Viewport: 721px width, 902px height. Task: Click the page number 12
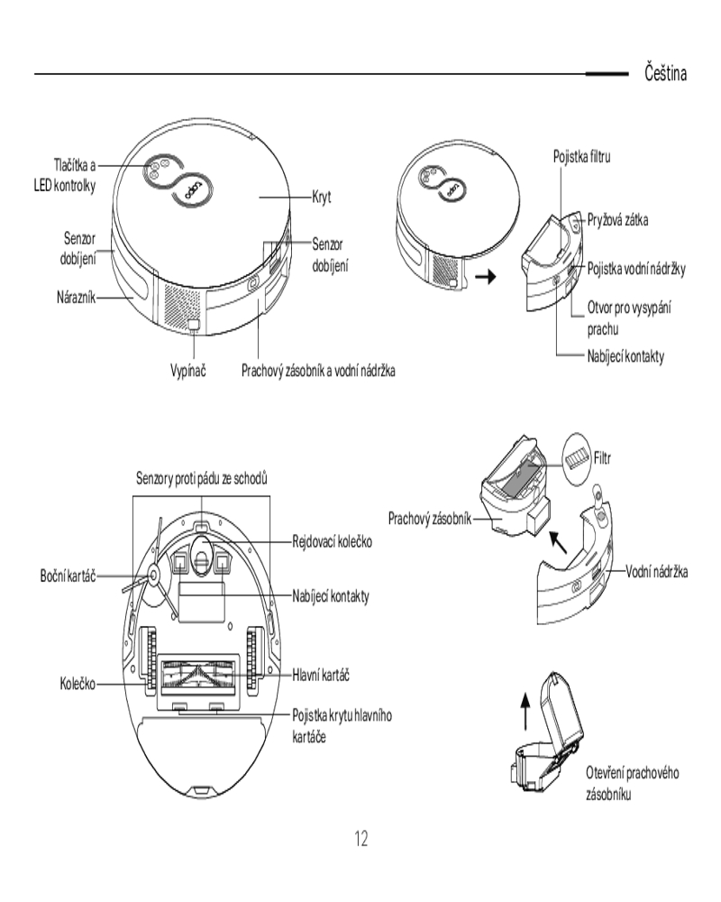360,839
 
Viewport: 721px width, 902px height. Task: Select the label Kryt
324,196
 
